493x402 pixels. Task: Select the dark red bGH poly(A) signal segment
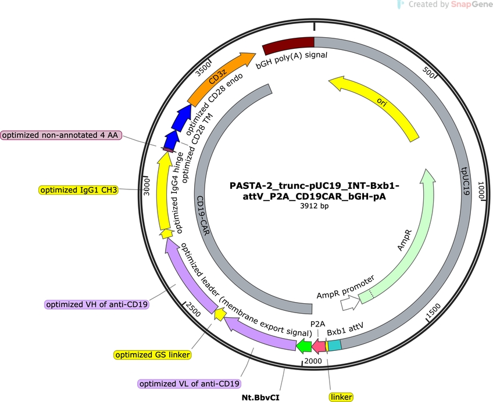[288, 44]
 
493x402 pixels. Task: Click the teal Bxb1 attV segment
[334, 346]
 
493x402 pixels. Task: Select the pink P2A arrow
[319, 346]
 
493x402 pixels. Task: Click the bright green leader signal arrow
[304, 346]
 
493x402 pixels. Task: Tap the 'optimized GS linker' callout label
[152, 355]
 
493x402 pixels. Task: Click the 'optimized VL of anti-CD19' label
[190, 384]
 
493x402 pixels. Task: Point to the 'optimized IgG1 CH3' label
[78, 190]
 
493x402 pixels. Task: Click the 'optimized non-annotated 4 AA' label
[60, 135]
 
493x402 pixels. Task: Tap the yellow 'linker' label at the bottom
[341, 397]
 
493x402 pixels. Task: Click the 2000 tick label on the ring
[313, 361]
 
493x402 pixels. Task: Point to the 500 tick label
[428, 73]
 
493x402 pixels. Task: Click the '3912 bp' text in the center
[315, 206]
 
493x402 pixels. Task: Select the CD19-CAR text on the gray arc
[203, 216]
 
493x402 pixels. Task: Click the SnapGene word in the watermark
[471, 5]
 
